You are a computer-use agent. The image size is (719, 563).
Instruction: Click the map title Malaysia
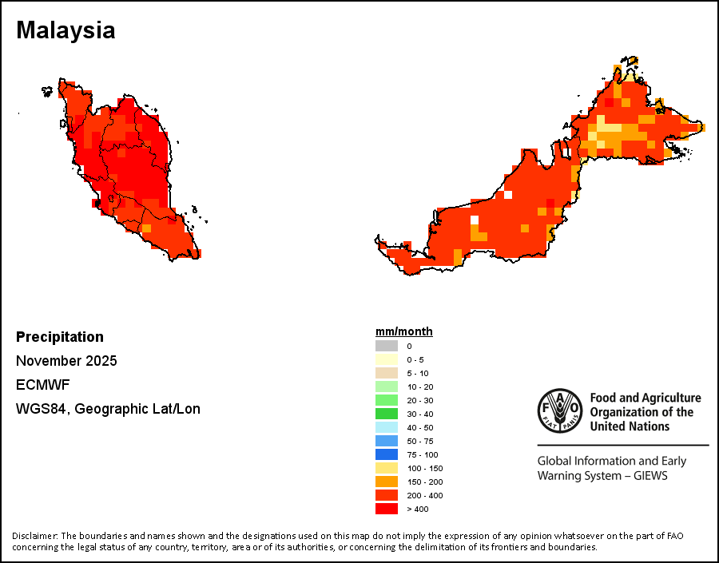tap(66, 30)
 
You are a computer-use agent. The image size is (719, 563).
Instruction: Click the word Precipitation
tap(60, 337)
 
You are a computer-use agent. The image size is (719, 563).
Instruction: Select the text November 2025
tap(66, 361)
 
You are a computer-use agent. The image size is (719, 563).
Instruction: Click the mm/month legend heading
tap(404, 331)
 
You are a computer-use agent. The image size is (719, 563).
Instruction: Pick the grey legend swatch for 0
tap(386, 346)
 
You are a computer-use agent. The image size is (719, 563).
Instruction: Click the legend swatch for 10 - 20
tap(386, 387)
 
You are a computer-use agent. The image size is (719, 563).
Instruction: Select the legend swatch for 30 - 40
tap(386, 414)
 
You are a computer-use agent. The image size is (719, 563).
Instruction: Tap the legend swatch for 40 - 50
tap(386, 427)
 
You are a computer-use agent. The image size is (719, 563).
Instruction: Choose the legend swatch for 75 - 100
tap(386, 454)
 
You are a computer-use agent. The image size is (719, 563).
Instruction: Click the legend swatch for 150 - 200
tap(386, 482)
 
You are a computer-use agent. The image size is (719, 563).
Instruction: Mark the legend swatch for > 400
tap(386, 509)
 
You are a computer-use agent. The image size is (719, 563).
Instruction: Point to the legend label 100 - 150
tap(423, 468)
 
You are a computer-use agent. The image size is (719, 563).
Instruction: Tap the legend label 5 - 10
tap(418, 373)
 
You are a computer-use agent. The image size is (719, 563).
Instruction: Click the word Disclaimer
tap(34, 535)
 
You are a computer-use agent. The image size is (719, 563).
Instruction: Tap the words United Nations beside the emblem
tap(630, 426)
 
